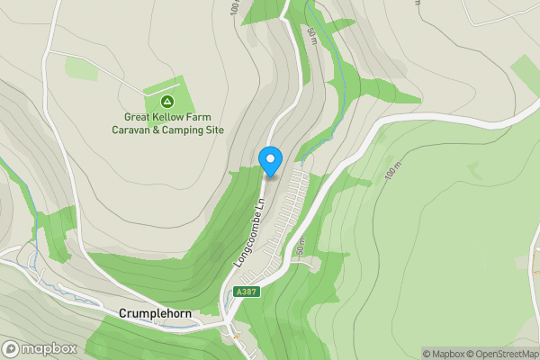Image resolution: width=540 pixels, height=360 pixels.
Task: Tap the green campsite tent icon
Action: pyautogui.click(x=166, y=99)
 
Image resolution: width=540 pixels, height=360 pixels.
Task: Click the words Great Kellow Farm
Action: pyautogui.click(x=166, y=116)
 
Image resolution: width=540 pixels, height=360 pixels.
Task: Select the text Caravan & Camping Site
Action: pyautogui.click(x=166, y=130)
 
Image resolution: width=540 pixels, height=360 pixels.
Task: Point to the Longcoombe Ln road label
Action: pyautogui.click(x=247, y=231)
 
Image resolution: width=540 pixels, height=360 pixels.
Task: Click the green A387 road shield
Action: pyautogui.click(x=244, y=292)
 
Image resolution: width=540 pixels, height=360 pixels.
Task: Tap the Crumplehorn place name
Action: pyautogui.click(x=158, y=314)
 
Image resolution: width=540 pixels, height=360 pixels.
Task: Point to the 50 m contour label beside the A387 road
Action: pyautogui.click(x=301, y=246)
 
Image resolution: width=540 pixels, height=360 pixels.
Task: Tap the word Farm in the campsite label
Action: pyautogui.click(x=206, y=116)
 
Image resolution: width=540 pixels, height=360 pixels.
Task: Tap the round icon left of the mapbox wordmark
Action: pyautogui.click(x=12, y=348)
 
